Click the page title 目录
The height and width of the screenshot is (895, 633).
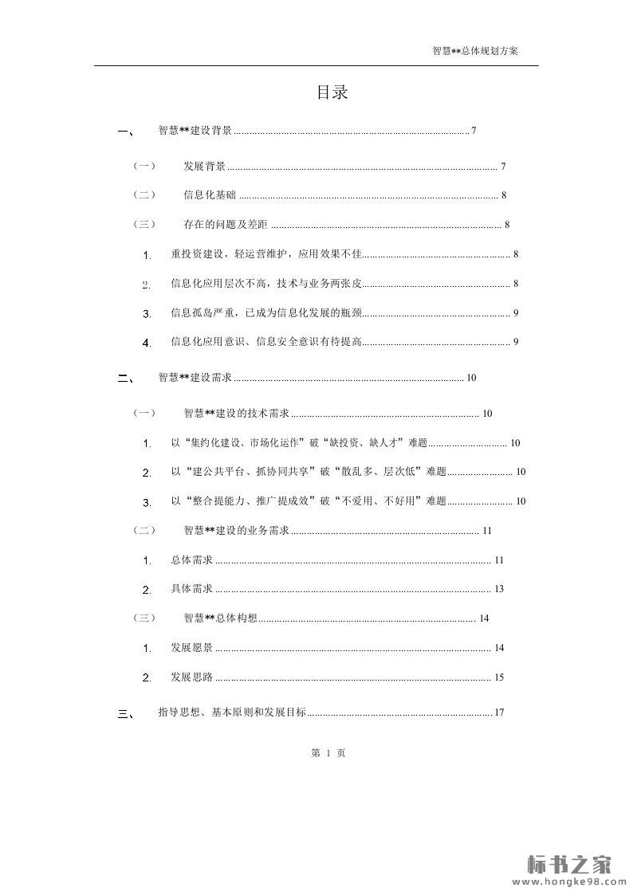(332, 92)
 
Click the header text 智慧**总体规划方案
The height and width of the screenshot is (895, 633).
(475, 50)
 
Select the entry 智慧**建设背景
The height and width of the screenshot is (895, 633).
(195, 131)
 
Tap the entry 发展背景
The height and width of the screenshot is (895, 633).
(204, 167)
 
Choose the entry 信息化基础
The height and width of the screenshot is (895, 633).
(210, 195)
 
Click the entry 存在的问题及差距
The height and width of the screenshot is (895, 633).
(226, 225)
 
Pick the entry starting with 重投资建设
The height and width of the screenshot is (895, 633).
(266, 254)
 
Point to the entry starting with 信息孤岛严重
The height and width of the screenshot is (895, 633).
(266, 313)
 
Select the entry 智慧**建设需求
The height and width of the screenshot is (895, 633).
(195, 378)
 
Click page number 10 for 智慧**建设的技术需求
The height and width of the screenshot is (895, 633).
(488, 414)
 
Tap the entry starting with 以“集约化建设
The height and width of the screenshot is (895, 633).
(299, 443)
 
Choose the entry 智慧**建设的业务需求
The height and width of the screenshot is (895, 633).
(236, 531)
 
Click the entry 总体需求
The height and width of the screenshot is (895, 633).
(192, 560)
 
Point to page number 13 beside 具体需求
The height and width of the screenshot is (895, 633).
(499, 590)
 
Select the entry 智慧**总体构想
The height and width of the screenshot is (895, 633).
(220, 618)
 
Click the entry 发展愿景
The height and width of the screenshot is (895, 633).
(192, 648)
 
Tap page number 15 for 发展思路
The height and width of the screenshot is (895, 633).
(499, 677)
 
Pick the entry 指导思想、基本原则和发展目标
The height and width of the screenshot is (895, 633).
(232, 712)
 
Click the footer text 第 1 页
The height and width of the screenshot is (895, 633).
(328, 752)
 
